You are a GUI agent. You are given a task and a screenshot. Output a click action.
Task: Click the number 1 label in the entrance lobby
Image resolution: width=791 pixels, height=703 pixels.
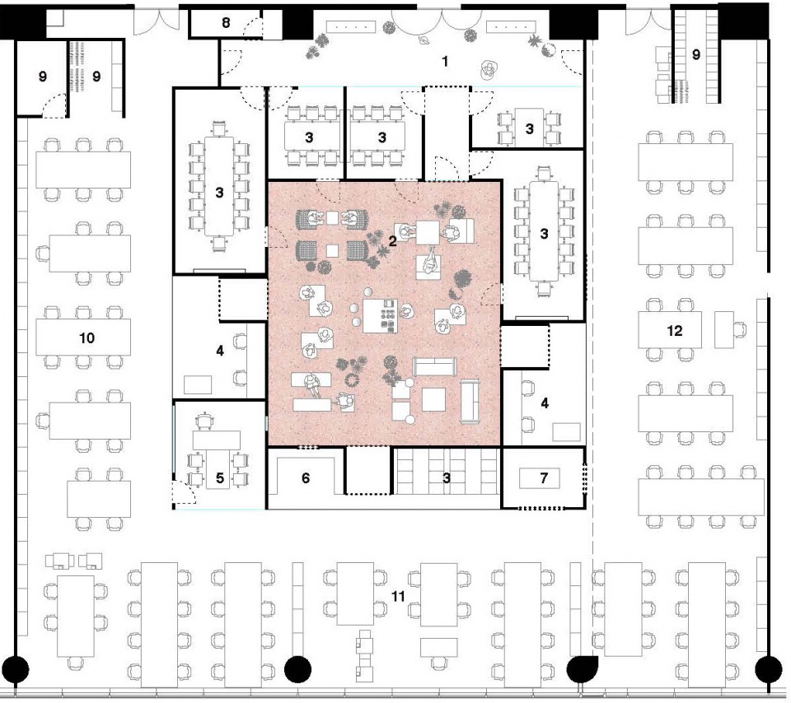coord(445,61)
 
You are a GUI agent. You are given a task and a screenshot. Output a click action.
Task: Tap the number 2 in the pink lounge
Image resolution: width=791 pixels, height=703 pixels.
coord(393,240)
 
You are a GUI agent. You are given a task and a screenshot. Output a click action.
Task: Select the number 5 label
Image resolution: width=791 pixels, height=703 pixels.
coord(219,477)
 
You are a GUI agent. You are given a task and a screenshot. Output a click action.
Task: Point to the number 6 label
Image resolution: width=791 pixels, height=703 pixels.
coord(305,477)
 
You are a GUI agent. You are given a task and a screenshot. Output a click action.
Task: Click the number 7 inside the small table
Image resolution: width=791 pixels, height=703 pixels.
coord(542,477)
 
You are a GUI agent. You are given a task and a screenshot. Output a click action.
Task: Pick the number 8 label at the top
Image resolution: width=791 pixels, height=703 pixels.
coord(225,22)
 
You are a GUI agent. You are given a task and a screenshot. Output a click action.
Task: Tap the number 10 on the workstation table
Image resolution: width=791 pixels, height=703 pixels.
coord(87,338)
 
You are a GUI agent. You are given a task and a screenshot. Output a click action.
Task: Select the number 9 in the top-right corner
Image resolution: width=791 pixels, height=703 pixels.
coord(695,55)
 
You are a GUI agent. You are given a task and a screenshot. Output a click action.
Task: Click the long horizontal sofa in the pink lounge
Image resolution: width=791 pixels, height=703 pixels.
coord(435,366)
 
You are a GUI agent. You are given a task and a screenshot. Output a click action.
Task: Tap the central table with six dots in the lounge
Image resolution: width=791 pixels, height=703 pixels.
coord(381,314)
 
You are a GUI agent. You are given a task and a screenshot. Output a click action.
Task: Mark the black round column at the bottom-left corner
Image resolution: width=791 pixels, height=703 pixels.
coord(17,668)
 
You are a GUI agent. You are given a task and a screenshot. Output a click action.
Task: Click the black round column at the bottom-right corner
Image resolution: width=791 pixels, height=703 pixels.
coord(770,668)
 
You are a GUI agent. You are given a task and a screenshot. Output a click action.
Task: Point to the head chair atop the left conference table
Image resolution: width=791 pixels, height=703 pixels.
coord(219,128)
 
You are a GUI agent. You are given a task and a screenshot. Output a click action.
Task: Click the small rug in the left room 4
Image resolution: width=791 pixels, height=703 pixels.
coord(197,384)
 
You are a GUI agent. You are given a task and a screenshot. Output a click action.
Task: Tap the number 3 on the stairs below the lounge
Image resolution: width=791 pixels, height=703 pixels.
coord(445,477)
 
